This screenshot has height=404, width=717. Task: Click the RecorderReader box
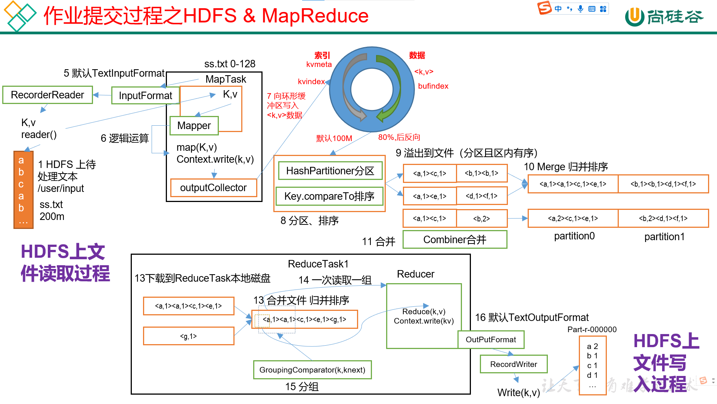47,95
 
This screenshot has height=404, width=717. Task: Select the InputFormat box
145,96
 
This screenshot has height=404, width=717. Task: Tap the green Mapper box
194,126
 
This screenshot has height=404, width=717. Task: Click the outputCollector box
213,188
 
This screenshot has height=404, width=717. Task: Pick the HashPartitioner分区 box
330,171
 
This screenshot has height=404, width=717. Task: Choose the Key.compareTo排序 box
329,196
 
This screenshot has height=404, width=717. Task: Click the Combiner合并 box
454,240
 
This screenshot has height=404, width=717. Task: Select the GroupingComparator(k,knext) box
312,370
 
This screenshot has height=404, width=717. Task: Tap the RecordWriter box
513,364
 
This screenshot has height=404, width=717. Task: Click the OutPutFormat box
491,340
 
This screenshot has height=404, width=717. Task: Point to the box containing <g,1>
189,336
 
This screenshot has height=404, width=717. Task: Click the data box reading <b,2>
481,219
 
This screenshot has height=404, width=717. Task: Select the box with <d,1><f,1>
481,196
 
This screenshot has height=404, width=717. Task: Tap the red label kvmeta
319,64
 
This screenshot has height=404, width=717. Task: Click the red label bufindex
433,86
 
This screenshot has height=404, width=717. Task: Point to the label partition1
664,237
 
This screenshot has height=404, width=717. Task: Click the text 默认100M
334,138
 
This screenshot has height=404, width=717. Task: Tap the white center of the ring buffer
372,90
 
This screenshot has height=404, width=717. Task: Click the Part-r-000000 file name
592,330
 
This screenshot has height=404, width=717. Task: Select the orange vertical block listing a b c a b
23,190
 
